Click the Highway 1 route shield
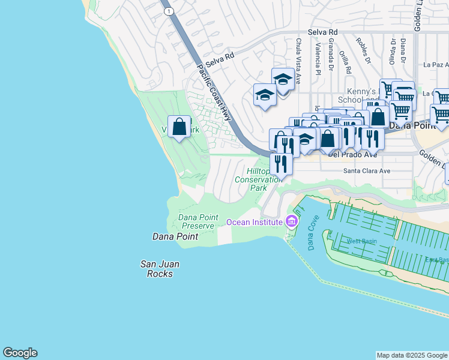point(170,11)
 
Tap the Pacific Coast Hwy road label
point(214,93)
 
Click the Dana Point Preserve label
point(196,221)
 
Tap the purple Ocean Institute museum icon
point(292,222)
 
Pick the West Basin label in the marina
point(361,241)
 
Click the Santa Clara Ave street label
point(366,171)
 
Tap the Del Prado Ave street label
point(352,154)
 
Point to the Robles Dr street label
point(363,52)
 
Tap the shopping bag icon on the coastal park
point(179,127)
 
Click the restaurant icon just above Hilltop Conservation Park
point(280,163)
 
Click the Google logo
point(20,353)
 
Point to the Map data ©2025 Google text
point(412,355)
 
